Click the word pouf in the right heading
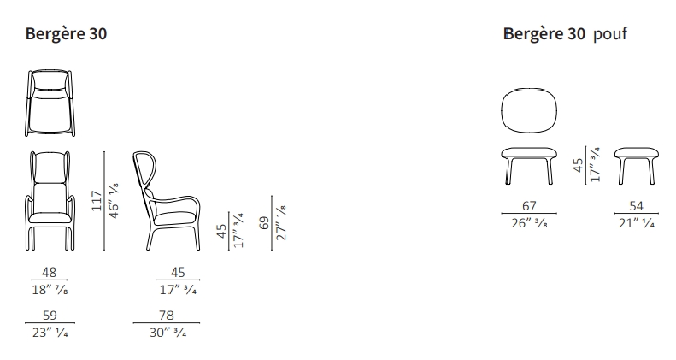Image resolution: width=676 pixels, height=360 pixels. click(x=609, y=34)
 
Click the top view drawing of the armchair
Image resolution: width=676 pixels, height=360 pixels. click(x=50, y=103)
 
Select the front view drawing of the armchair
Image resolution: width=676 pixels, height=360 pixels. click(x=50, y=200)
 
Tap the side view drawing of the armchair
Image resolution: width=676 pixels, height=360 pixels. click(x=167, y=200)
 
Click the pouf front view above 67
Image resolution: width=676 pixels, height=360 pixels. click(x=529, y=166)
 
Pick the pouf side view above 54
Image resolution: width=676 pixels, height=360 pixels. click(x=637, y=166)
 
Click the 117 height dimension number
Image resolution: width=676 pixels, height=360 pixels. click(x=97, y=201)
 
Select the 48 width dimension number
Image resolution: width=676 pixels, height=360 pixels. click(x=50, y=273)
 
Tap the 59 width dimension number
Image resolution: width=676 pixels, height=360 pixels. click(x=50, y=316)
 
